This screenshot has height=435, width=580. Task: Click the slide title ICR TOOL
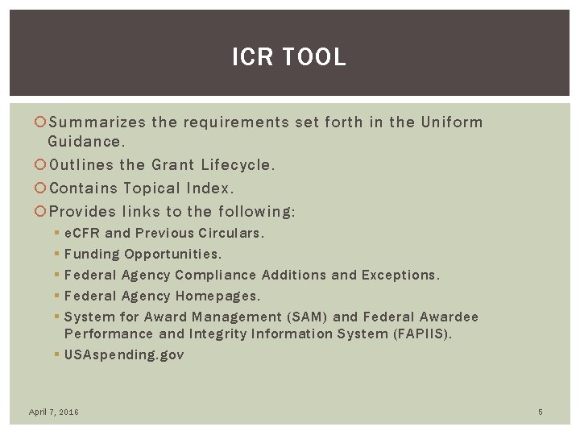(x=289, y=57)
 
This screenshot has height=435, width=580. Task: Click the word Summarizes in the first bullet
(x=97, y=122)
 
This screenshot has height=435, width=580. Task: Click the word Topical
(x=155, y=188)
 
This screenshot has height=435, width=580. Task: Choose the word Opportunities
(x=172, y=254)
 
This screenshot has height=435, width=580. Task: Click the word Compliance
(x=217, y=275)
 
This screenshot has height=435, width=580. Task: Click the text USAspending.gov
(x=124, y=354)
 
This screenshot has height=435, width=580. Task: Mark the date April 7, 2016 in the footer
(x=54, y=412)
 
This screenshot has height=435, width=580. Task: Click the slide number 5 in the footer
(x=541, y=412)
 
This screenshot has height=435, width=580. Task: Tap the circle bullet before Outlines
(x=42, y=165)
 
